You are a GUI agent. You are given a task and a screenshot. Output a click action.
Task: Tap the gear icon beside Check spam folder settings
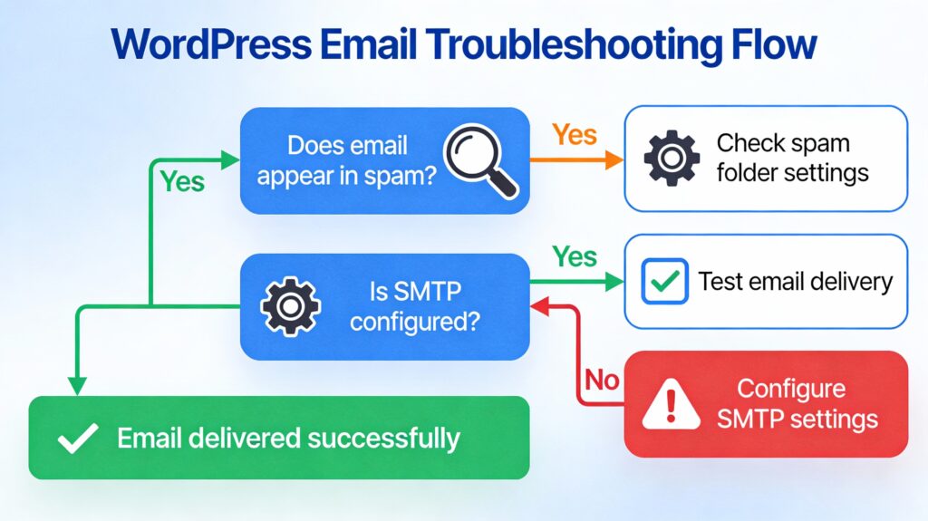(x=672, y=159)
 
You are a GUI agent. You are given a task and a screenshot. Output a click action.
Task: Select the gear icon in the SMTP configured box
(x=290, y=306)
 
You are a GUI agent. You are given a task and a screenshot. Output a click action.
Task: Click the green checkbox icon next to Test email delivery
(x=664, y=281)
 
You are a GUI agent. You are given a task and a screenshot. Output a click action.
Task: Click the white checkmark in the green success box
(x=78, y=439)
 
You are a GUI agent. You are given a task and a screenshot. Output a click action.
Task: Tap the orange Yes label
(x=575, y=135)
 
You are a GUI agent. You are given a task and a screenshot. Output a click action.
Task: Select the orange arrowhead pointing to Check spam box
(x=615, y=160)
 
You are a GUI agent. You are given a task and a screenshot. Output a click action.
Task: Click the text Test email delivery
(x=795, y=281)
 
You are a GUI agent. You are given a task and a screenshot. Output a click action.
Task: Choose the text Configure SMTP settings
(x=791, y=404)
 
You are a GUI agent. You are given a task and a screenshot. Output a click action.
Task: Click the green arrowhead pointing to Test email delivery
(x=615, y=282)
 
